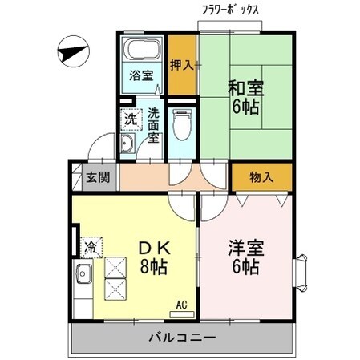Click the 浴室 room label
pos(142,78)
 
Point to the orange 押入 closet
pos(182,64)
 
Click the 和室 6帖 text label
pos(246,96)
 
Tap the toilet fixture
pos(182,126)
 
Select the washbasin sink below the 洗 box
pos(129,145)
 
